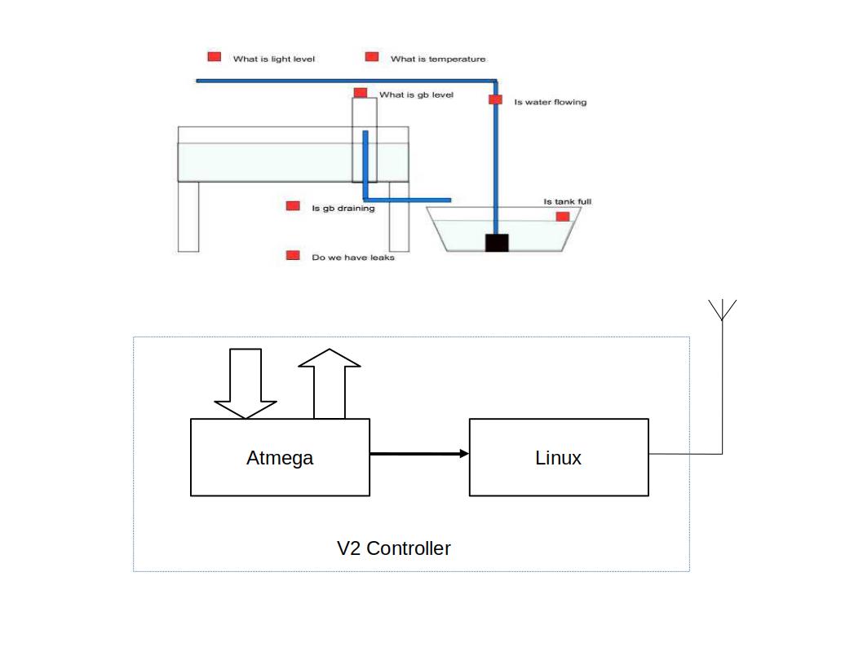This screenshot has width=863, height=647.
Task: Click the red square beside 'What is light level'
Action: pyautogui.click(x=215, y=57)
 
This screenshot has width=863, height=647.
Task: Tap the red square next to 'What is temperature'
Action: pyautogui.click(x=372, y=57)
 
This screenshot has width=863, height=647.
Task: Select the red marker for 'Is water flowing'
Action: pyautogui.click(x=495, y=99)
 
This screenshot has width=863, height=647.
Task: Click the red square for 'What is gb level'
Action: pyautogui.click(x=361, y=92)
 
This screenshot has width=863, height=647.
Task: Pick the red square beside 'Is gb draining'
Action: pyautogui.click(x=293, y=206)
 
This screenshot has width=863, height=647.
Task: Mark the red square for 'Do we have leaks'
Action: pyautogui.click(x=293, y=255)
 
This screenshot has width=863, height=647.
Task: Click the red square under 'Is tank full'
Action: pyautogui.click(x=562, y=217)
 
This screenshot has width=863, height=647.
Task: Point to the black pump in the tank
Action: pyautogui.click(x=497, y=243)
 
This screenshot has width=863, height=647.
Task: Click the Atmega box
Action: pyautogui.click(x=280, y=457)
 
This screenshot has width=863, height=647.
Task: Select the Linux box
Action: pyautogui.click(x=559, y=457)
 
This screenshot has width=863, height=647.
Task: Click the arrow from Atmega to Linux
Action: pyautogui.click(x=419, y=454)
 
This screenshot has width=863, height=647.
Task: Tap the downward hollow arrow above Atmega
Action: pyautogui.click(x=246, y=383)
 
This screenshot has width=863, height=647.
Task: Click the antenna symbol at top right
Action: pyautogui.click(x=722, y=310)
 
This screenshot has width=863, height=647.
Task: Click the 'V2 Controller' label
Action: pyautogui.click(x=394, y=548)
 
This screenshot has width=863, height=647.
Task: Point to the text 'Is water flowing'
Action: pyautogui.click(x=550, y=103)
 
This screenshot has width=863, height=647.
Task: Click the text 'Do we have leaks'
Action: pyautogui.click(x=353, y=257)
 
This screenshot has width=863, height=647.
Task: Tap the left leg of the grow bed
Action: pyautogui.click(x=188, y=216)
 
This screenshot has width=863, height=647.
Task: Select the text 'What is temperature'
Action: pyautogui.click(x=438, y=59)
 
